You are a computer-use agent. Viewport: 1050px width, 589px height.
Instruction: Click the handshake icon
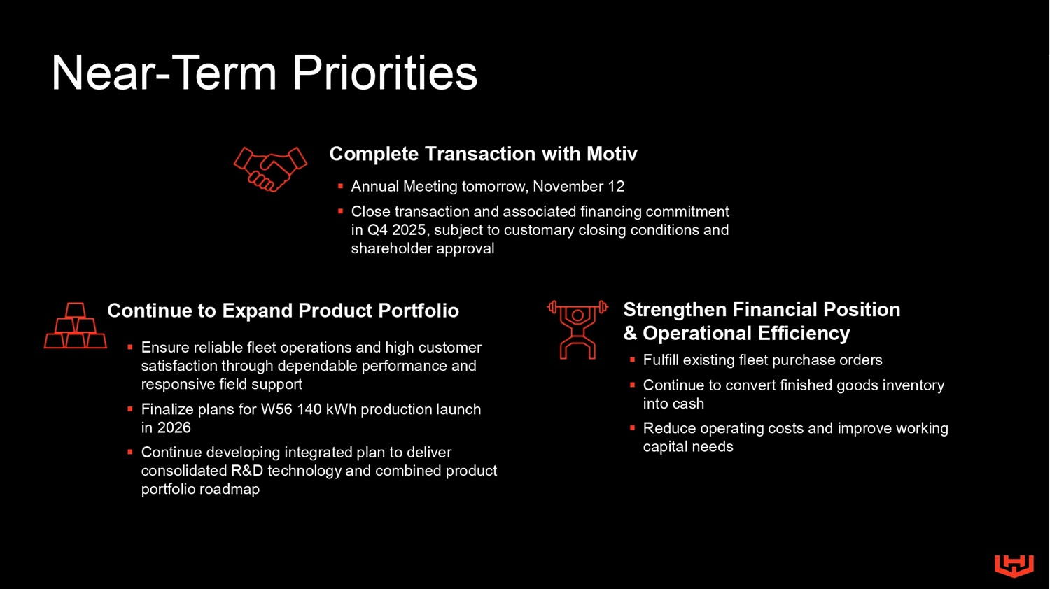(270, 169)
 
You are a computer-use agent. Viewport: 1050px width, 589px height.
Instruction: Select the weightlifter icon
(577, 330)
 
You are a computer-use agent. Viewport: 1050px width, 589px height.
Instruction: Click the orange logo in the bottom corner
(1014, 566)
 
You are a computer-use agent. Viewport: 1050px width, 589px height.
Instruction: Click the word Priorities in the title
(385, 73)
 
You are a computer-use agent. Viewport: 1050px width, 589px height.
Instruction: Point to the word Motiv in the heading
(612, 154)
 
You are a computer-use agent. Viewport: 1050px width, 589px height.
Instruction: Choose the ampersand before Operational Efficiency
(631, 334)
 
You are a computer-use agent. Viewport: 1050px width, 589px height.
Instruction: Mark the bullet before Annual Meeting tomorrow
(341, 187)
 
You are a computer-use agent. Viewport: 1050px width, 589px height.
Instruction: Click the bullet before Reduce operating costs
(632, 428)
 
